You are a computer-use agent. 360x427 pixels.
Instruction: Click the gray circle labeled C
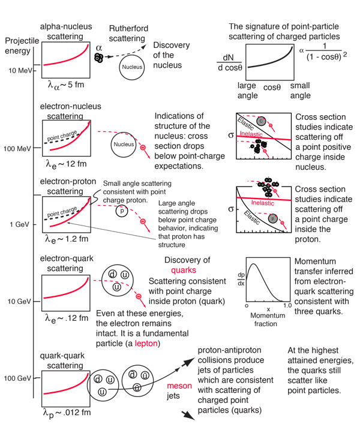[261, 121]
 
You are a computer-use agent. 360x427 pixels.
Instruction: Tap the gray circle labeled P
[273, 219]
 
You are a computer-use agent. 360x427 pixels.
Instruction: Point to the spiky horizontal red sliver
[183, 271]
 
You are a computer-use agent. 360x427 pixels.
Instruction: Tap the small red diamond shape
[95, 280]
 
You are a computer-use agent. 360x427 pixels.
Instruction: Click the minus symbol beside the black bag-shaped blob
[143, 221]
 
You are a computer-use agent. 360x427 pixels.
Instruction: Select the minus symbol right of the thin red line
[143, 146]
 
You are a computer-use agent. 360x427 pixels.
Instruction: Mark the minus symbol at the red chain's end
[139, 296]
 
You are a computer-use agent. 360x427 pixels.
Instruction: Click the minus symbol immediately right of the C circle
[271, 125]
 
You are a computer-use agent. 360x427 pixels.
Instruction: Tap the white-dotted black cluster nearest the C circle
[259, 146]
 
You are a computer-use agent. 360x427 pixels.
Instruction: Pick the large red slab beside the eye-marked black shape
[65, 59]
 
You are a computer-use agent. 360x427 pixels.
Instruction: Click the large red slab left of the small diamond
[65, 291]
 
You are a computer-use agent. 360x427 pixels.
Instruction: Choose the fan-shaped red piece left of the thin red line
[107, 127]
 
